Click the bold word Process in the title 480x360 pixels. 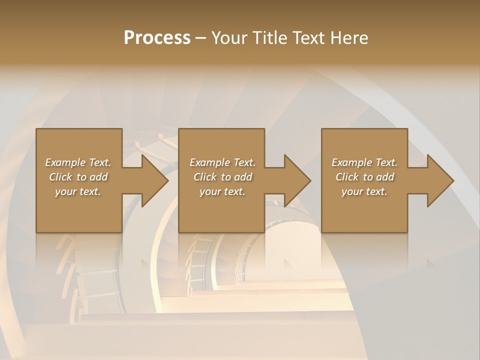157,38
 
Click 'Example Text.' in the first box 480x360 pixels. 78,162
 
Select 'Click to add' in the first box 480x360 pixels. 78,177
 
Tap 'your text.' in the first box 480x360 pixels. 78,191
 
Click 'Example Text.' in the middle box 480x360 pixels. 222,162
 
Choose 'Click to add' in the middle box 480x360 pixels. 222,177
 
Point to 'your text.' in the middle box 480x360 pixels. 222,191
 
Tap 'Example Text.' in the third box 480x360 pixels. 364,162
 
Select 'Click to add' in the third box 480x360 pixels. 364,177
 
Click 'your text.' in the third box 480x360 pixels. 364,191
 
